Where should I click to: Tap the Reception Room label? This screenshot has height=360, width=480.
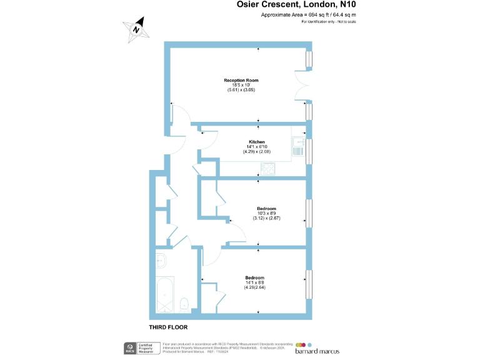241,81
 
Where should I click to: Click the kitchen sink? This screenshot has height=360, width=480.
298,148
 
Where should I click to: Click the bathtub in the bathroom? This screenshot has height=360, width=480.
166,295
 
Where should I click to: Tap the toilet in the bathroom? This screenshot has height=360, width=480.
184,304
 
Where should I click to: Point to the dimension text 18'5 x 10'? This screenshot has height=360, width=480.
241,86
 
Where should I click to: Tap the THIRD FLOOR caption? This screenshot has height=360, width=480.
167,327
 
